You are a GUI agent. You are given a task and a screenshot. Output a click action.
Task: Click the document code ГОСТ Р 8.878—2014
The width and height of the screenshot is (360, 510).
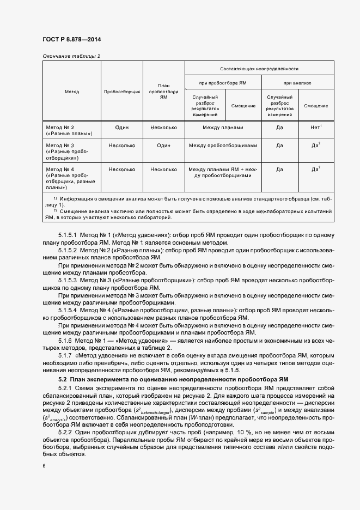(71, 40)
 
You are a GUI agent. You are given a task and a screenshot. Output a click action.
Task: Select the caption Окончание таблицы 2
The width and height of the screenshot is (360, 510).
(71, 56)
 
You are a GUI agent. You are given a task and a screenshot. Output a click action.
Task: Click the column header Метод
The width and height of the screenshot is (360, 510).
(71, 92)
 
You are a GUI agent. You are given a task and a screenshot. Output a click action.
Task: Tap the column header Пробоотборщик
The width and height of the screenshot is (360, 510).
(122, 92)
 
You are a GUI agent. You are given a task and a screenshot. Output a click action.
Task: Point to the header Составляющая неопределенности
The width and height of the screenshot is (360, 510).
(259, 69)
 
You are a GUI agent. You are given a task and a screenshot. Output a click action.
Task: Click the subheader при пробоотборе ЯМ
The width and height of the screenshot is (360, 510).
(223, 83)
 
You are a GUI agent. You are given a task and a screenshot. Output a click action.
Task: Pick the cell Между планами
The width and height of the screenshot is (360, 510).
(223, 127)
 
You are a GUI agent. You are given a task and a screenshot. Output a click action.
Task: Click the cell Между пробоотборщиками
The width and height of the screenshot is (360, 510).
(223, 145)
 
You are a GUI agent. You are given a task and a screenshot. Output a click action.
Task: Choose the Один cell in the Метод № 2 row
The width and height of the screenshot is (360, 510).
(122, 127)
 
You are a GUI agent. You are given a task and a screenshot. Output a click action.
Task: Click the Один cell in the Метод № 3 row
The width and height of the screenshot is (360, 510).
(164, 145)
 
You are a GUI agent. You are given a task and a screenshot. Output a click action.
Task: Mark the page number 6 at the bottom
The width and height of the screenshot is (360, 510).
(44, 465)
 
